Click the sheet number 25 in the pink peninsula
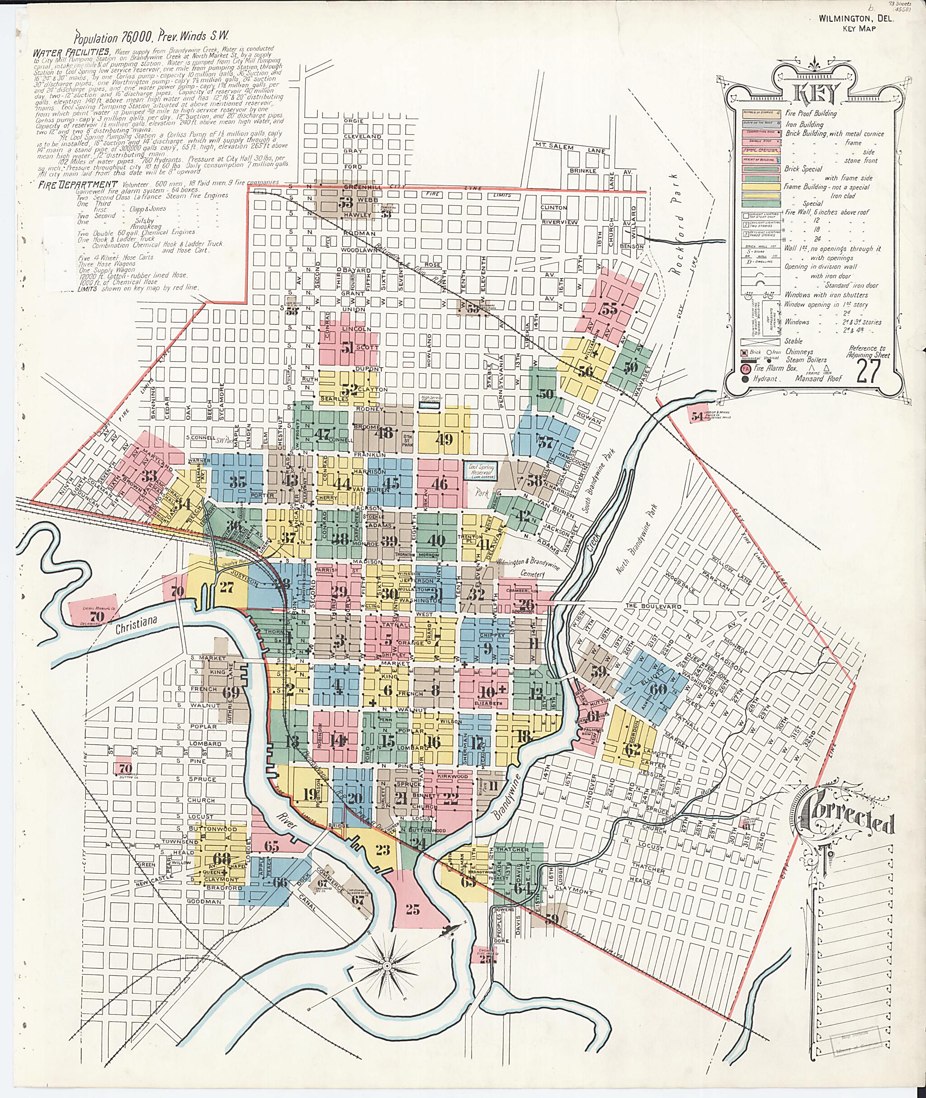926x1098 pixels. (x=413, y=910)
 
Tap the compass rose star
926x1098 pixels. (x=387, y=966)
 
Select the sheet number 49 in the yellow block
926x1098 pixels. (x=444, y=439)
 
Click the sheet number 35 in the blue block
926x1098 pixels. (x=238, y=481)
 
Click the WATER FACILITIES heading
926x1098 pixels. (x=71, y=52)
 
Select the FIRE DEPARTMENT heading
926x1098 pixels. (x=77, y=184)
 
